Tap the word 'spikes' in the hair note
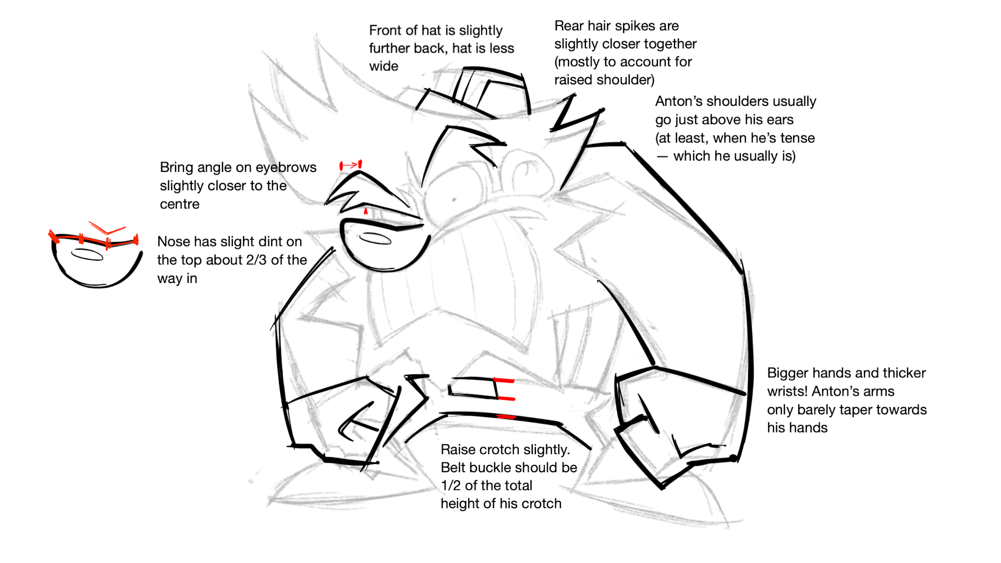click(637, 26)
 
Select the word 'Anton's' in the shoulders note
click(679, 101)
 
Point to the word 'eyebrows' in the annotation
click(290, 167)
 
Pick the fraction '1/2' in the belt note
click(450, 485)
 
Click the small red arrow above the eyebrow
click(350, 166)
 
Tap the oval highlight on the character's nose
click(375, 239)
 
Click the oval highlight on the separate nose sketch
click(87, 255)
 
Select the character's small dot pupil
click(454, 200)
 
